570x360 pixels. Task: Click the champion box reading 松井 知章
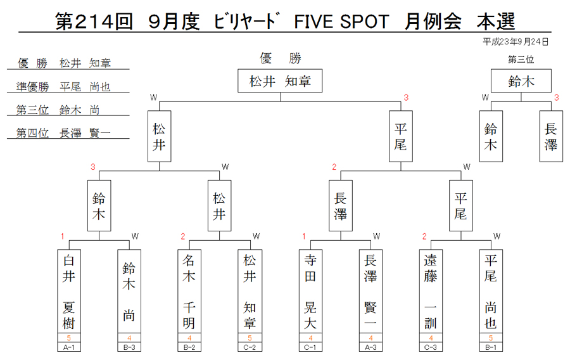pos(280,80)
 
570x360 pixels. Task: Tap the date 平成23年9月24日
pos(516,42)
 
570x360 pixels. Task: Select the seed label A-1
pos(68,347)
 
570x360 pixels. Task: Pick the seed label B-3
pos(129,347)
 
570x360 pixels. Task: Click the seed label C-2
pos(250,347)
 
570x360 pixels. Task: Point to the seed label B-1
pos(491,347)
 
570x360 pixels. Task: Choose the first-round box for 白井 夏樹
pos(68,292)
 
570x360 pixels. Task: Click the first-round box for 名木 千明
pos(189,292)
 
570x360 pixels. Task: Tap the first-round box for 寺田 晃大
pos(310,292)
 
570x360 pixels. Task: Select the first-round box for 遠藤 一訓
pos(431,292)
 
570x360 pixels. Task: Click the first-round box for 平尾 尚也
pos(491,292)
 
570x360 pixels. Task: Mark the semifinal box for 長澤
pos(341,206)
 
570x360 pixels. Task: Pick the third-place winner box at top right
pos(521,80)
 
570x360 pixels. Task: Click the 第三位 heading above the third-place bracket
pos(521,60)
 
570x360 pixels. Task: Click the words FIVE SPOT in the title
pos(341,22)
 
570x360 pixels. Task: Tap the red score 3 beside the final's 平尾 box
pos(406,98)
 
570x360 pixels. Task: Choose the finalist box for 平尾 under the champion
pos(401,136)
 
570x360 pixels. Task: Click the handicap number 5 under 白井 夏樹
pos(68,338)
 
